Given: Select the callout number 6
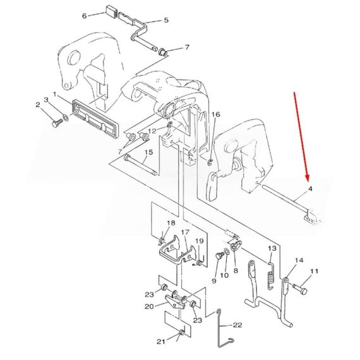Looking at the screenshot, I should [x=84, y=16].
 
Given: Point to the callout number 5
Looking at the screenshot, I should [x=166, y=20].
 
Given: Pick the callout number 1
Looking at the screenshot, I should [x=55, y=94].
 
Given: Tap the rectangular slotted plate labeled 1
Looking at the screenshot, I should [x=95, y=117].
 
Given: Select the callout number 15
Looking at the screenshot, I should [x=148, y=153].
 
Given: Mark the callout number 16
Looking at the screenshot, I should [x=215, y=114].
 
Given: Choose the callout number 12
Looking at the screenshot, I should [x=152, y=131].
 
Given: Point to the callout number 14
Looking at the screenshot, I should [x=299, y=260].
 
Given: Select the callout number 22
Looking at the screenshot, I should [x=237, y=325].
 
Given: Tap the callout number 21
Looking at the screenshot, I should [x=161, y=342].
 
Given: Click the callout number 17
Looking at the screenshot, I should [x=185, y=233].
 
